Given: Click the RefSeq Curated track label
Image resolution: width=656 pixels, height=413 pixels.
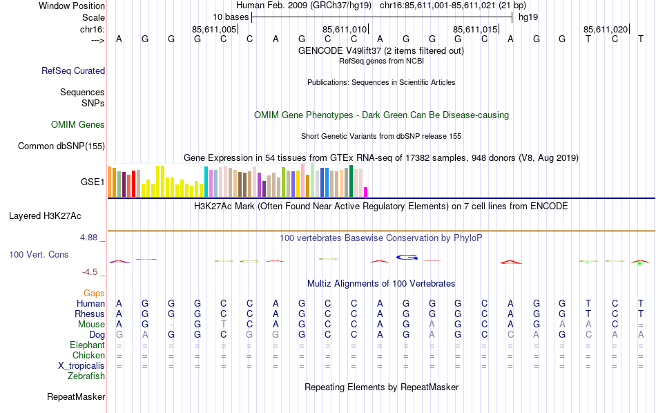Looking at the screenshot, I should click(73, 70).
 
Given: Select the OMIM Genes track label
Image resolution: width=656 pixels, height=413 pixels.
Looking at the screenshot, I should click(78, 124).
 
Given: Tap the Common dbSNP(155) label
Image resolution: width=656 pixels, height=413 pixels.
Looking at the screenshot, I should click(61, 146).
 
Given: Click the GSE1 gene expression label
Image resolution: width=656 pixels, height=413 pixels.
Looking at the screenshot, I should click(93, 182).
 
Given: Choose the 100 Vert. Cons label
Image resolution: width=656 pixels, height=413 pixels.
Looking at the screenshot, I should click(39, 254).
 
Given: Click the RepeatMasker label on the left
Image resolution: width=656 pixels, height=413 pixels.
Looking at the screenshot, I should click(76, 396).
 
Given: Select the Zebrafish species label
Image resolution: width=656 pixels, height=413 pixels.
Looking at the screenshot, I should click(86, 376).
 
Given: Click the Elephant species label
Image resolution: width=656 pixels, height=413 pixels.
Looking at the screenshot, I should click(87, 345).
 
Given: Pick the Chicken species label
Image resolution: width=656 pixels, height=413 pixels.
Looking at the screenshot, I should click(88, 355).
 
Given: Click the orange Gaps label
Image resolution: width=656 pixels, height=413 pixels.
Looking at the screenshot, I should click(94, 293).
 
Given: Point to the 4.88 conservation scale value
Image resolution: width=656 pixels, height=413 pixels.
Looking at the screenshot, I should click(92, 238).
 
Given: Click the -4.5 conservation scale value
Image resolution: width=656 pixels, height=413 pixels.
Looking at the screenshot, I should click(94, 272).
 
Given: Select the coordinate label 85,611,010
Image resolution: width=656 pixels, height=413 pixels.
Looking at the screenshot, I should click(345, 29).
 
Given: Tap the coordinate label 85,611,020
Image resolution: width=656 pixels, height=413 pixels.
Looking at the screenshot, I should click(606, 29).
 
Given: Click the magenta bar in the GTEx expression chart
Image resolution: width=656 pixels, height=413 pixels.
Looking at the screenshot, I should click(366, 191).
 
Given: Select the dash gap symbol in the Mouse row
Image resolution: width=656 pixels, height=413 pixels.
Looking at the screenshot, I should click(171, 325).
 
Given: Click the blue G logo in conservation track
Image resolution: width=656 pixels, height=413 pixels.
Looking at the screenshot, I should click(407, 257).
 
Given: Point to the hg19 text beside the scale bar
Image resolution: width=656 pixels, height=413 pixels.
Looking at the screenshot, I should click(528, 16).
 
